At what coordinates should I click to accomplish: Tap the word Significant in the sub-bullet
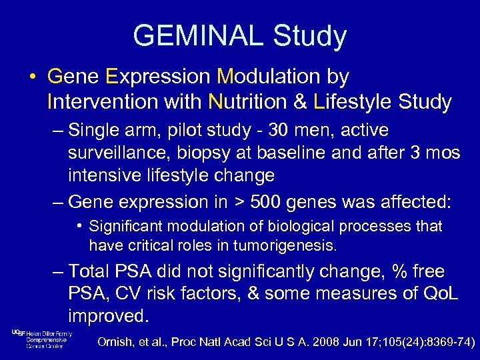point(122,227)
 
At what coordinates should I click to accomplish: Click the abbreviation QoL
point(439,294)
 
